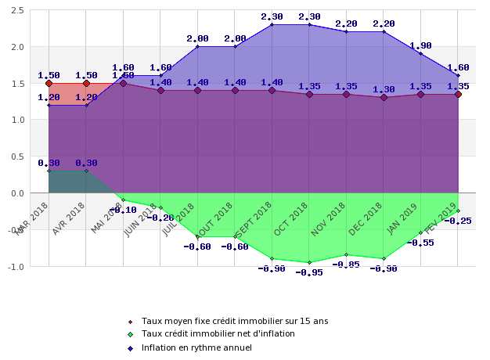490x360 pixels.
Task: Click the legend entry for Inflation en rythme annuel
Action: pos(196,347)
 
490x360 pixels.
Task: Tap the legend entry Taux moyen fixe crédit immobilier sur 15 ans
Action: pos(234,321)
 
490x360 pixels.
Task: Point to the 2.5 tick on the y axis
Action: pos(17,10)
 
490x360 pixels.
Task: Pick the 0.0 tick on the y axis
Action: pos(17,193)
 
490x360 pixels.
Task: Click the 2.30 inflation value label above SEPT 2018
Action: pos(272,16)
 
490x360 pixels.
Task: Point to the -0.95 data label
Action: pos(308,272)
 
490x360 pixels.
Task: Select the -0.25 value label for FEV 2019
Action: pos(457,221)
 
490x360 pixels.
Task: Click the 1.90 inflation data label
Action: pos(420,45)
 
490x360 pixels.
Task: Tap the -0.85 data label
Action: pos(346,265)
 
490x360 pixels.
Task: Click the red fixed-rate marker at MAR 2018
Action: pos(49,83)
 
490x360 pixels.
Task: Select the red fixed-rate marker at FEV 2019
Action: pos(458,94)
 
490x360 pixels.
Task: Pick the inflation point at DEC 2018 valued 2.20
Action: pos(384,31)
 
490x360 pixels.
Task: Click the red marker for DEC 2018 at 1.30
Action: pos(384,98)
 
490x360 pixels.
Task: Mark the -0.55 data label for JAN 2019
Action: pos(420,243)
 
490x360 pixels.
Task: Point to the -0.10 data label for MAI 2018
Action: pos(123,210)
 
